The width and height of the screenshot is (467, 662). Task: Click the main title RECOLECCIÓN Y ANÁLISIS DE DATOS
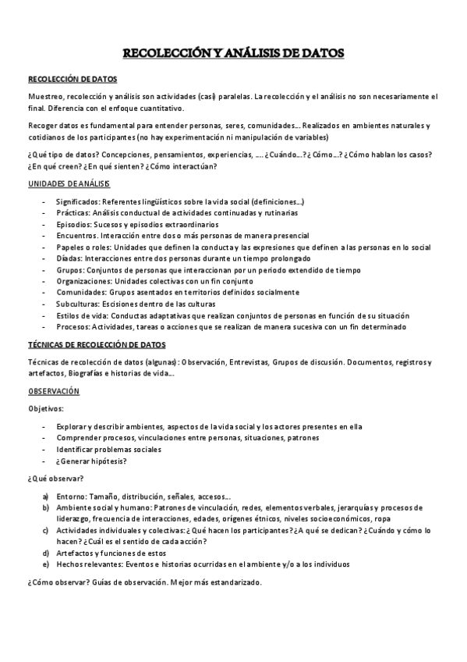pos(233,53)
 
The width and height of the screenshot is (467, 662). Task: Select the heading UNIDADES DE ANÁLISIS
pos(69,183)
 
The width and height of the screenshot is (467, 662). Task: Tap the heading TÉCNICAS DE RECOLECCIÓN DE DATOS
pos(97,344)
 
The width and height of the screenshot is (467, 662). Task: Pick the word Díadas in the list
pos(69,258)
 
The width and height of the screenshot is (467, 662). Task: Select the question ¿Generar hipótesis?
pos(91,461)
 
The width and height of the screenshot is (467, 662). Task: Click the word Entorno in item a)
pos(72,496)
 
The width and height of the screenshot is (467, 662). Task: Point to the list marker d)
pos(46,553)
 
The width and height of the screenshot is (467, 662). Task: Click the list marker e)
pos(46,564)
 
